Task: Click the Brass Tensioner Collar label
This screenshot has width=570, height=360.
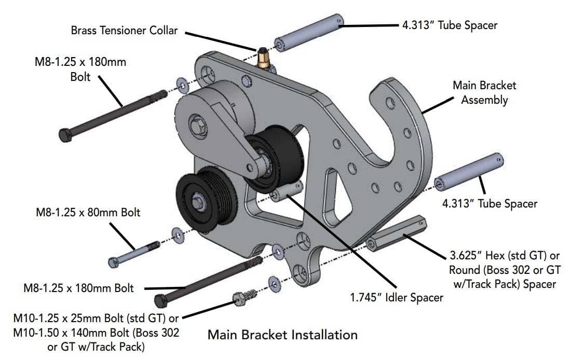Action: (124, 31)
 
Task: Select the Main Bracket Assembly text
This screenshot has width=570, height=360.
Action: (484, 92)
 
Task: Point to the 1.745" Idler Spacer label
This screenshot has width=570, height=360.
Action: (398, 297)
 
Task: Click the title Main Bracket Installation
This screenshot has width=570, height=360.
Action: (282, 335)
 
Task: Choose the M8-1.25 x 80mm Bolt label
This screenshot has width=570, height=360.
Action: (88, 213)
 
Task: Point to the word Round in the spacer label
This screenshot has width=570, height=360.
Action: (464, 270)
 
